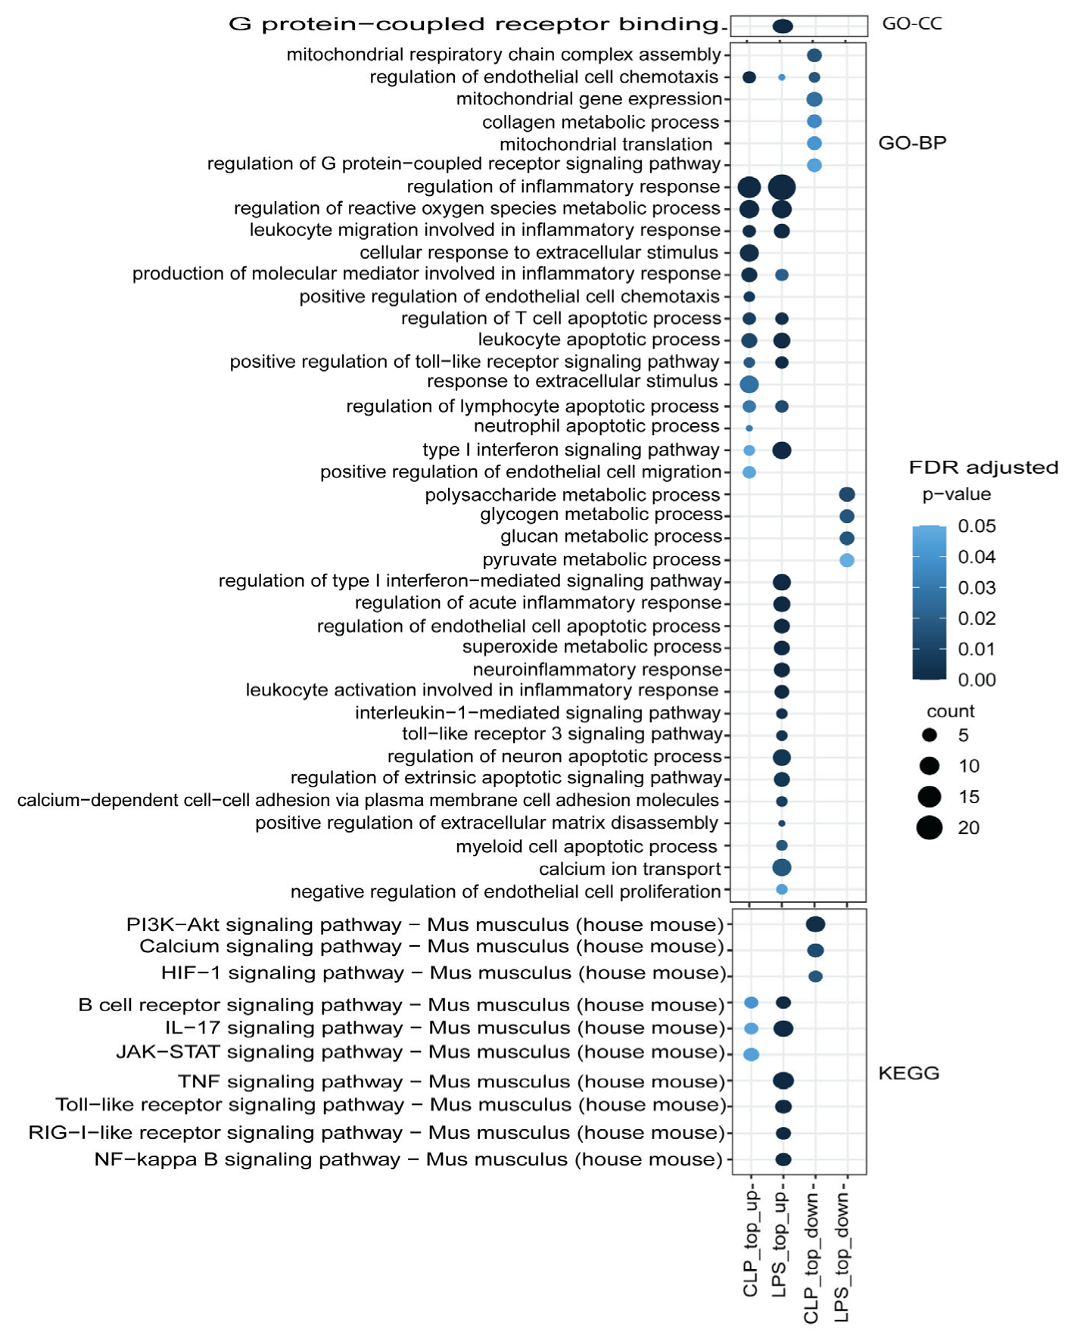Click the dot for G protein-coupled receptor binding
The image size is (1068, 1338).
782,26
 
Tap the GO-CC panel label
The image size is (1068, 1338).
911,23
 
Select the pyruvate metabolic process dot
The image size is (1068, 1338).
846,560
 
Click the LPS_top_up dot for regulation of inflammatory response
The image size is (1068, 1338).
781,187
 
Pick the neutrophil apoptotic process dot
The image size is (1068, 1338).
749,428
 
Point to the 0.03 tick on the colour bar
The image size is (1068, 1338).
976,588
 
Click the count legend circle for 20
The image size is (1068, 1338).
929,828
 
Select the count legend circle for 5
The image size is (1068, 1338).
929,735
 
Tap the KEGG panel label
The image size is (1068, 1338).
908,1073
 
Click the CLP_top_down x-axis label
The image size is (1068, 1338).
811,1259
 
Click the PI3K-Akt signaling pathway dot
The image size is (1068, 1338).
814,924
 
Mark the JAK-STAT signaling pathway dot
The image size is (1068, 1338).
751,1054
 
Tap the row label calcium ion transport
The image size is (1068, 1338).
630,869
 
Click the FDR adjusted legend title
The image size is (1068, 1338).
983,468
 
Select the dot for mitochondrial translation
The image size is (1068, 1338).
814,143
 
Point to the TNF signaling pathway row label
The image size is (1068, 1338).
451,1081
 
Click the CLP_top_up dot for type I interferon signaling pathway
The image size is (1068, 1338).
749,450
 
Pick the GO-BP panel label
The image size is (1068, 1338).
911,143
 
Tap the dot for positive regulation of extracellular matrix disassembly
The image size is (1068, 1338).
782,823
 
